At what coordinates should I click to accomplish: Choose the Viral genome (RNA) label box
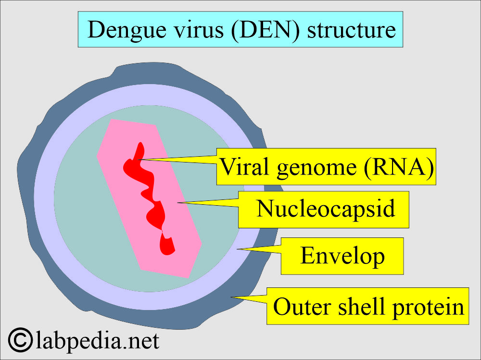[x=327, y=167]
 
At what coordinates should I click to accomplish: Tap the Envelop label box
[x=342, y=256]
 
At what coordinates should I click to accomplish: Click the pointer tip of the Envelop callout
[x=238, y=249]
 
